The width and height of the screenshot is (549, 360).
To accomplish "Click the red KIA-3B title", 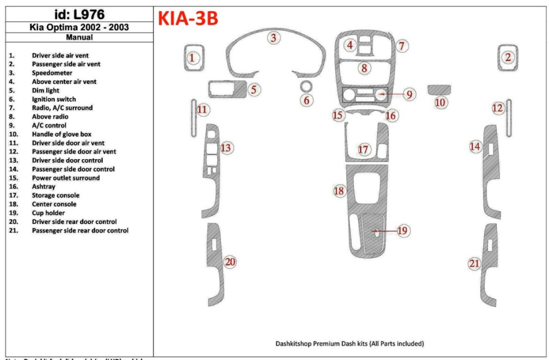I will coord(188,19).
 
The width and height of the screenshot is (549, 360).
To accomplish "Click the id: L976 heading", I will coord(79,14).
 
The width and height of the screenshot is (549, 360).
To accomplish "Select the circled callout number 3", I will coord(274,37).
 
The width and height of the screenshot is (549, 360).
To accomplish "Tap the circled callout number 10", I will coord(440,102).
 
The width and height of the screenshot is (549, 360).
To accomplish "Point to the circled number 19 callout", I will coord(403,230).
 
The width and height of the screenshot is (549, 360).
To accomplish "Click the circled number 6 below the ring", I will coord(306,100).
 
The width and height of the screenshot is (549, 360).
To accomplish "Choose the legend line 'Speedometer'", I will coord(52,73).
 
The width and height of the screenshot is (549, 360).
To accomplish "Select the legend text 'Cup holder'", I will coord(48,213).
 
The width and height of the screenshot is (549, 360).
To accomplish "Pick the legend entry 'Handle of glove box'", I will coord(61,134).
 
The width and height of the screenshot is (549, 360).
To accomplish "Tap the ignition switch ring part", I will coord(306,86).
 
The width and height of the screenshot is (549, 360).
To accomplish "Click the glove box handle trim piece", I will coord(439,89).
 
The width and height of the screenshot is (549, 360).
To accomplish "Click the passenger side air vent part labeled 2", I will coord(508,57).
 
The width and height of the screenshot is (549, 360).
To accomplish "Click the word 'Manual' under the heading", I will coord(79,37).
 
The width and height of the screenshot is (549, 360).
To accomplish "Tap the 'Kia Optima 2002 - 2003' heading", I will coord(79,27).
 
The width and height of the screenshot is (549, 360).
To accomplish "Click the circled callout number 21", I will coord(474,263).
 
